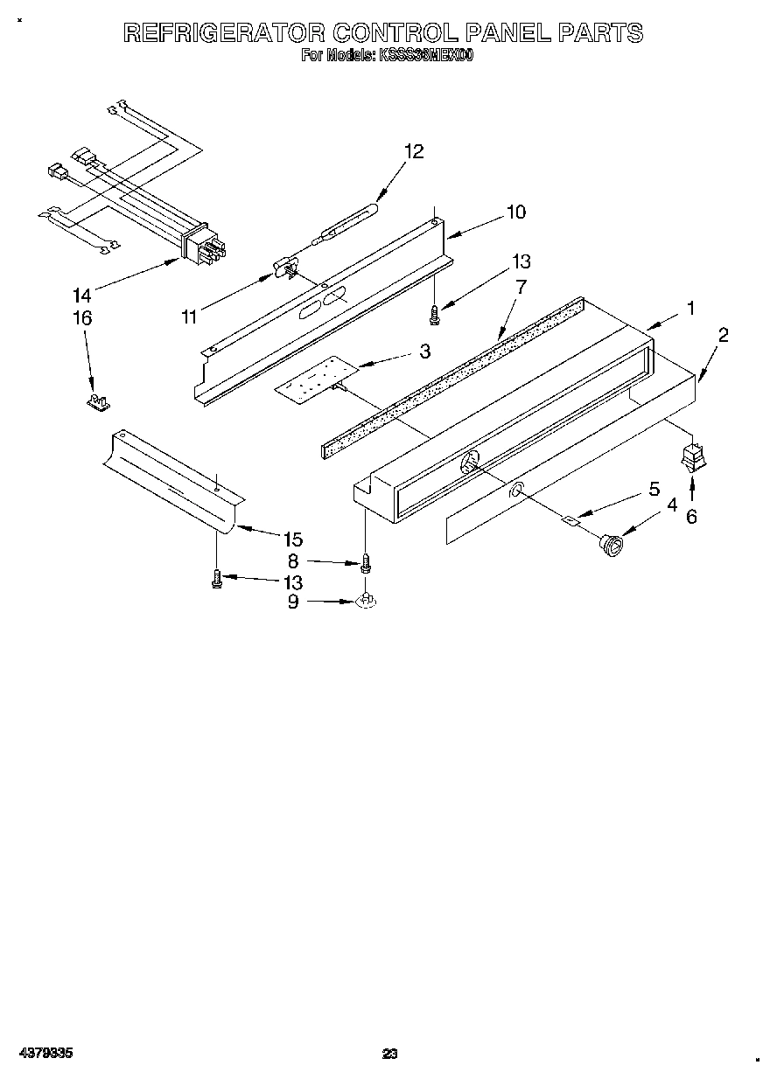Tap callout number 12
414,151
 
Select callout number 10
515,212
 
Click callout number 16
81,318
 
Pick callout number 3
424,352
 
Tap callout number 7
521,286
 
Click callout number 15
292,539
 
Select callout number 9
293,602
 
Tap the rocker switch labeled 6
691,458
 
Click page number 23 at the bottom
390,1054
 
